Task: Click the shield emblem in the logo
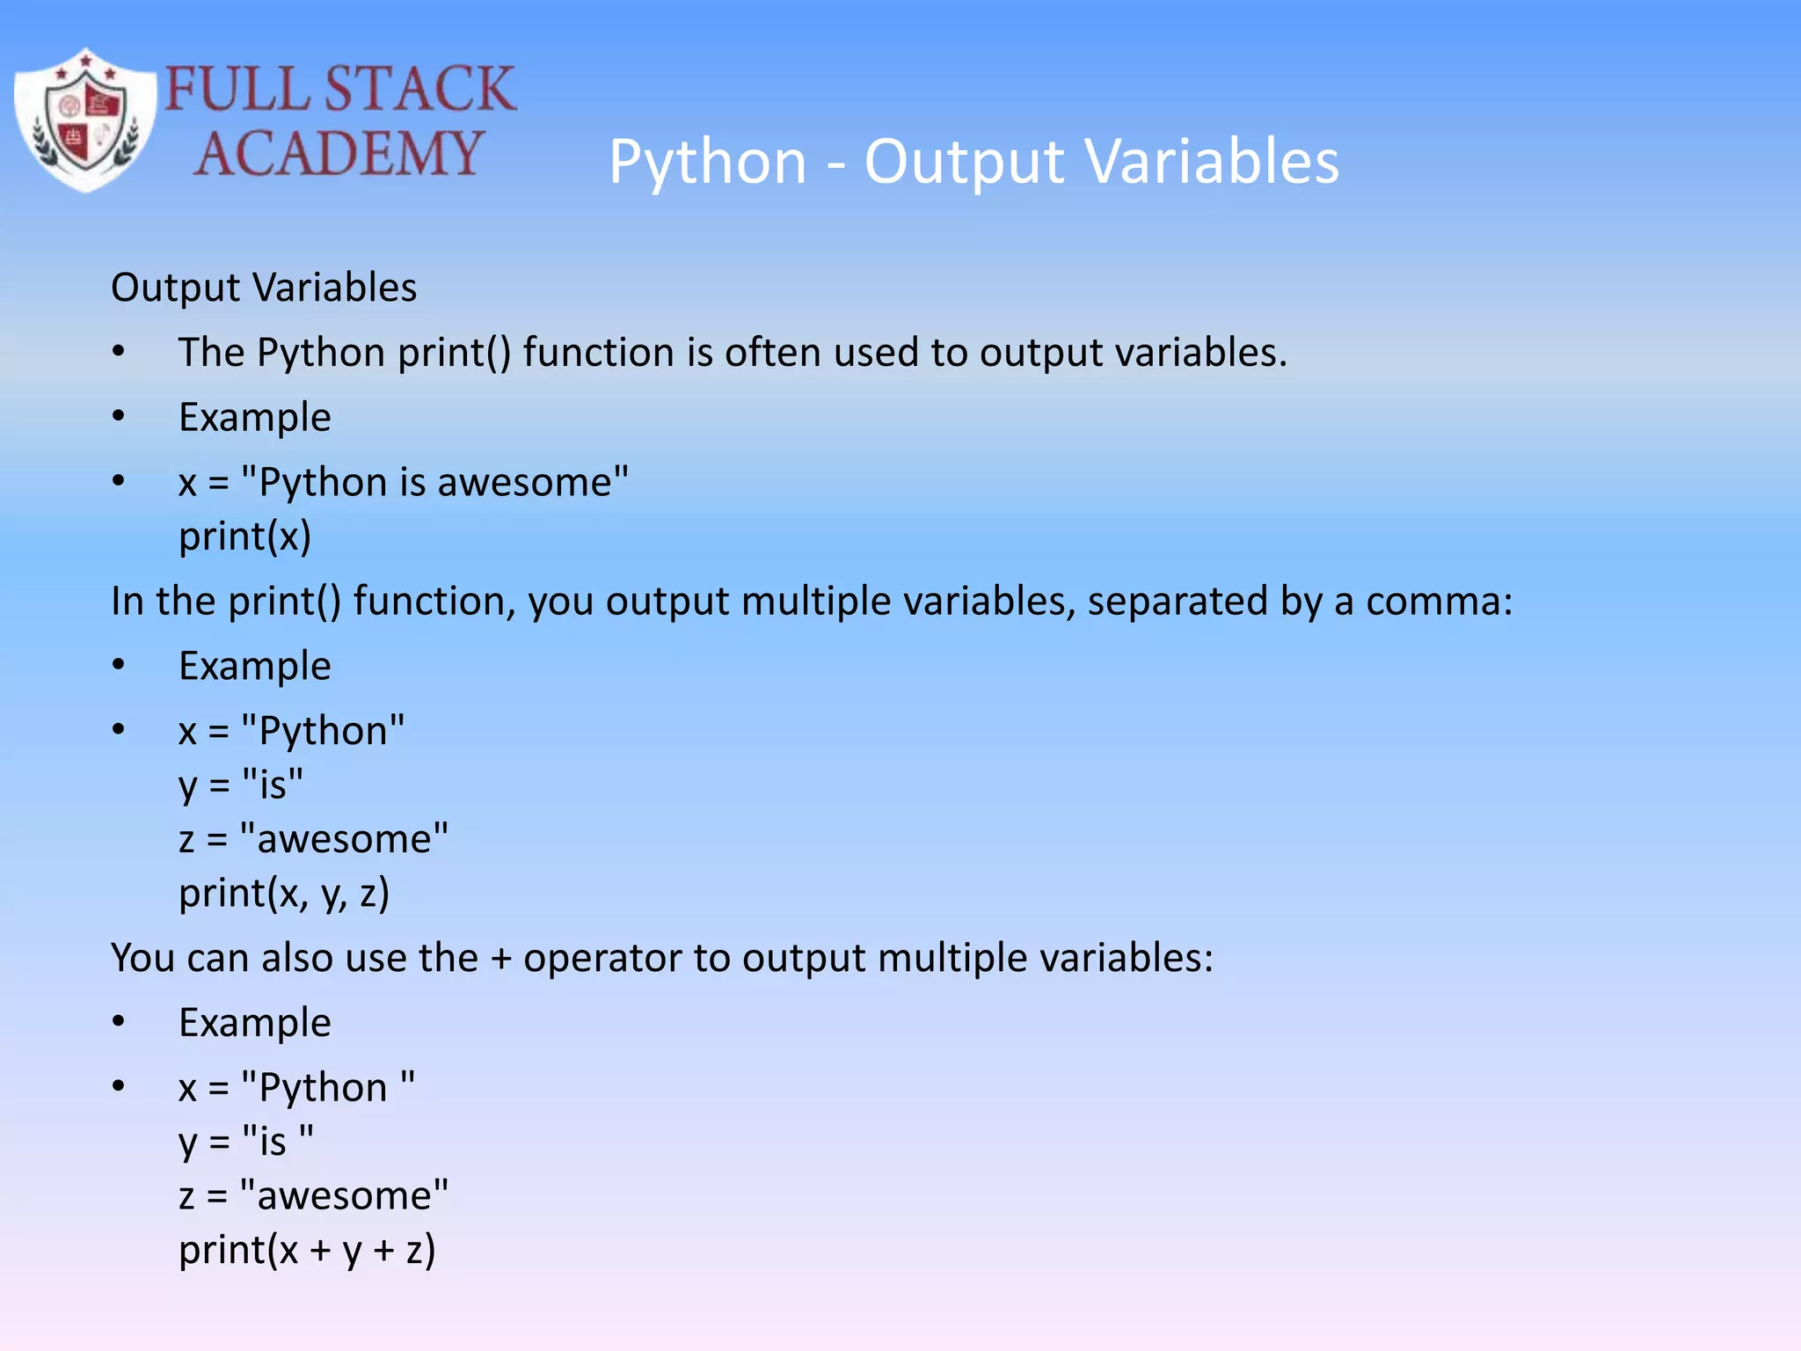(x=84, y=120)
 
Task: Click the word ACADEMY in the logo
(x=338, y=153)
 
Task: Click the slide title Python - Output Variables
(x=973, y=162)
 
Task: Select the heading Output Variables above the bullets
(x=264, y=288)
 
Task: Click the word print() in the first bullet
(x=454, y=353)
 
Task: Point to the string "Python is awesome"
(x=434, y=482)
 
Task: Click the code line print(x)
(x=244, y=537)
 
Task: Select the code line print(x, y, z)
(x=284, y=894)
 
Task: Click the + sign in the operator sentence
(x=501, y=959)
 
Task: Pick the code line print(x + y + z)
(x=307, y=1250)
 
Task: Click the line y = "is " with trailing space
(x=245, y=1142)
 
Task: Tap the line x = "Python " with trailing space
(x=296, y=1088)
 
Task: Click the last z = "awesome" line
(x=313, y=1196)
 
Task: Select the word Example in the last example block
(x=255, y=1023)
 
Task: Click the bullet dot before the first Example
(x=119, y=417)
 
